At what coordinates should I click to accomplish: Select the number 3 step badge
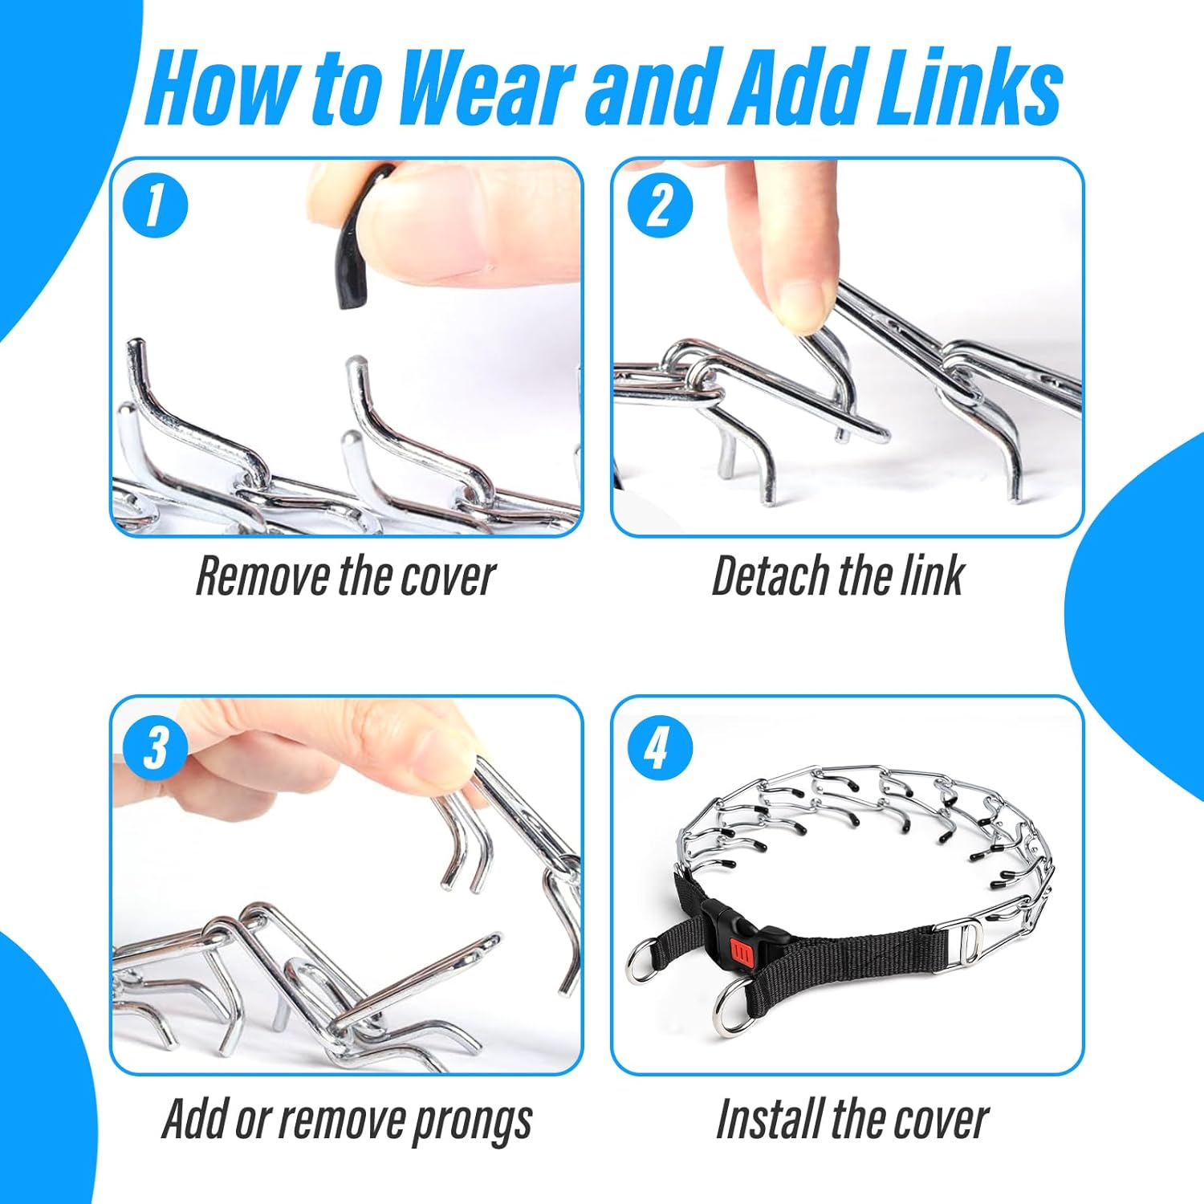tap(155, 746)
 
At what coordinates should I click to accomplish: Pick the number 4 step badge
tap(659, 746)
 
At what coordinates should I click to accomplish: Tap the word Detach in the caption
tap(769, 576)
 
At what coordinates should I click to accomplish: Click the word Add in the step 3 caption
tap(193, 1119)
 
